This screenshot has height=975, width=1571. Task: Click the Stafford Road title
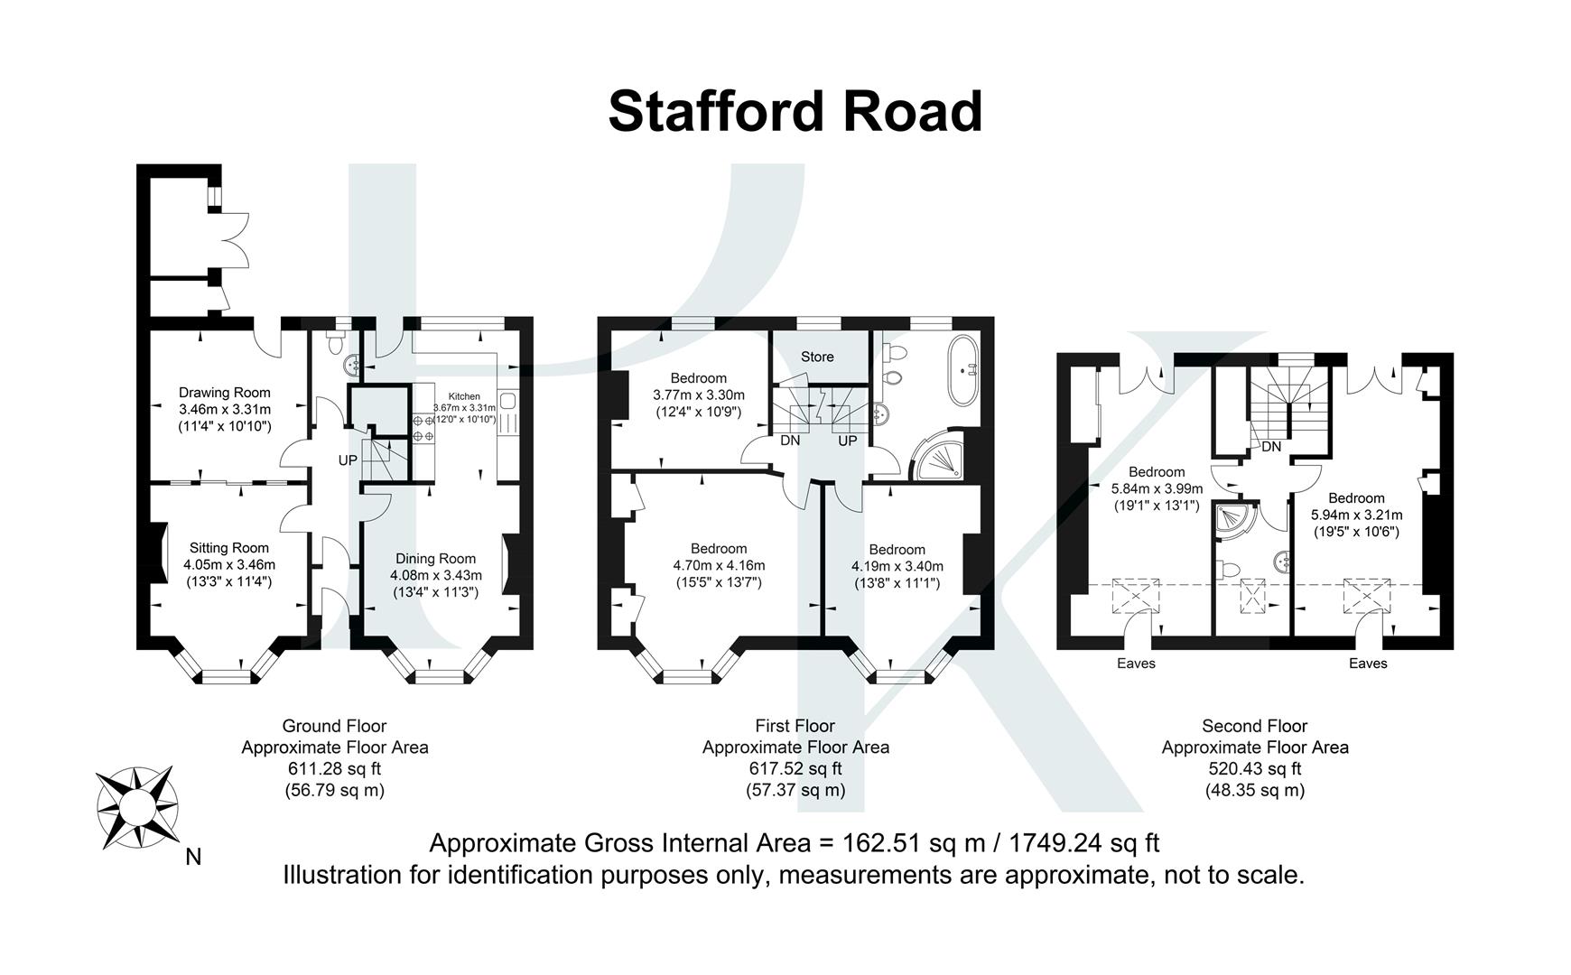pyautogui.click(x=795, y=112)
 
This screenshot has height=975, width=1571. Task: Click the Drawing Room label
pyautogui.click(x=224, y=393)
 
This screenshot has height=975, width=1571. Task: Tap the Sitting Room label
pyautogui.click(x=228, y=548)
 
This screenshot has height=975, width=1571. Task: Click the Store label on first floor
pyautogui.click(x=817, y=357)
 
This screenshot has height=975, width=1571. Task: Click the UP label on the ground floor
pyautogui.click(x=348, y=460)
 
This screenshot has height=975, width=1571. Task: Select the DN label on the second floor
pyautogui.click(x=1271, y=447)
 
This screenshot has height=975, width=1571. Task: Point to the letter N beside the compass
pyautogui.click(x=193, y=857)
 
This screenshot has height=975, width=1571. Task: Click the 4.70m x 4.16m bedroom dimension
pyautogui.click(x=719, y=566)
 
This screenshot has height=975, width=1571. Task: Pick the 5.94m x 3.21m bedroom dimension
pyautogui.click(x=1356, y=515)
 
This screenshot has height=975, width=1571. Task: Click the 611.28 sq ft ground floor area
pyautogui.click(x=334, y=769)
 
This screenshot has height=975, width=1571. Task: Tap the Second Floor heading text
pyautogui.click(x=1254, y=726)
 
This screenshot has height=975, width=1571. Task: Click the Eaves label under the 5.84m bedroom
pyautogui.click(x=1136, y=664)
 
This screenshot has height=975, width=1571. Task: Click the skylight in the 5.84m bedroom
pyautogui.click(x=1135, y=597)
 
